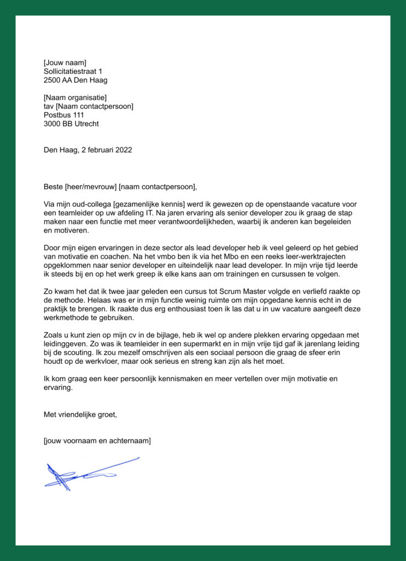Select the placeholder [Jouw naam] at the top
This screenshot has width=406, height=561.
pyautogui.click(x=65, y=62)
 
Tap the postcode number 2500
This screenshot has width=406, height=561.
pyautogui.click(x=52, y=80)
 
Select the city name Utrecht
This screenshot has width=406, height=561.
pyautogui.click(x=87, y=124)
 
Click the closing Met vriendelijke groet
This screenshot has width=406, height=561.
pyautogui.click(x=80, y=415)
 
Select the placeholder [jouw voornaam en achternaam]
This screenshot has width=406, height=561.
pyautogui.click(x=97, y=440)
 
